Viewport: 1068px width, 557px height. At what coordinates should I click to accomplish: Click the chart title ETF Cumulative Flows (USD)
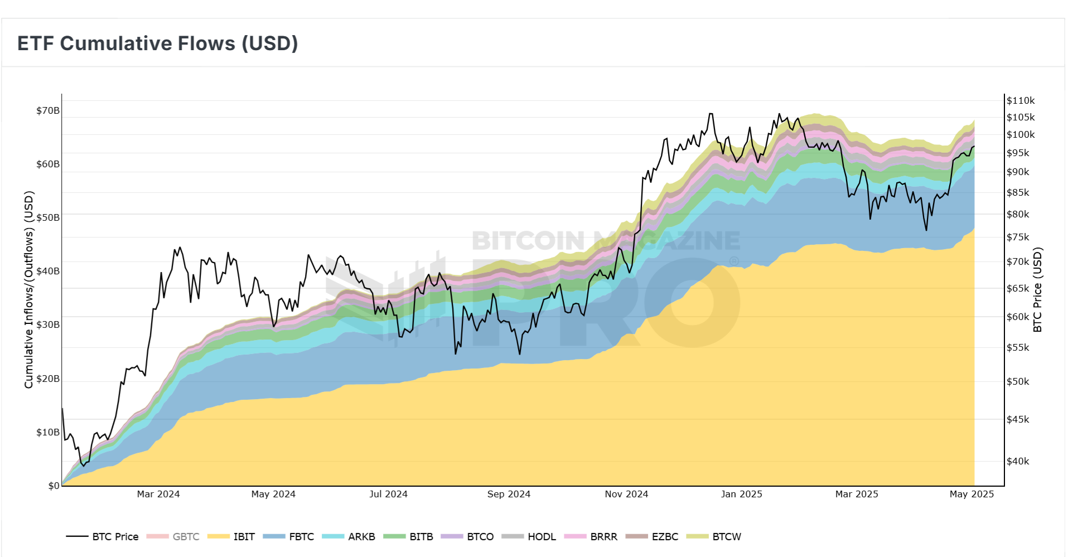(158, 43)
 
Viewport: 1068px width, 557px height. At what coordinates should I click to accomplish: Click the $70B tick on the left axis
(48, 110)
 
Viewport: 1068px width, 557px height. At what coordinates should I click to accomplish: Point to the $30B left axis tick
(48, 324)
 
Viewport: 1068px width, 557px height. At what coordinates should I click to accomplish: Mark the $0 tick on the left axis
(54, 486)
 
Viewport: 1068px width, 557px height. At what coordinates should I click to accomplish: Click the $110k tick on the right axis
(1021, 100)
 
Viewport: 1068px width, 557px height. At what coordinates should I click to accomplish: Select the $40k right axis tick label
(1018, 461)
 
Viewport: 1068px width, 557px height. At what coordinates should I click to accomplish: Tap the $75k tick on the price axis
(1018, 237)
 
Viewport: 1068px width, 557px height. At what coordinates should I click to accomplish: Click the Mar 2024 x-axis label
(158, 494)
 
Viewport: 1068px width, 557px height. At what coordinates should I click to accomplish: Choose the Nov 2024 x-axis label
(626, 494)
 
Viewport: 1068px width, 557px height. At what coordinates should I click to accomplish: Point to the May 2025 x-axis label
(972, 494)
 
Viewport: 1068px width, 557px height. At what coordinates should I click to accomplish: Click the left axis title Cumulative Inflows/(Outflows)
(29, 289)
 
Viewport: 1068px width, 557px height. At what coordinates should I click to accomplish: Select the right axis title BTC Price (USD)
(1037, 289)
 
